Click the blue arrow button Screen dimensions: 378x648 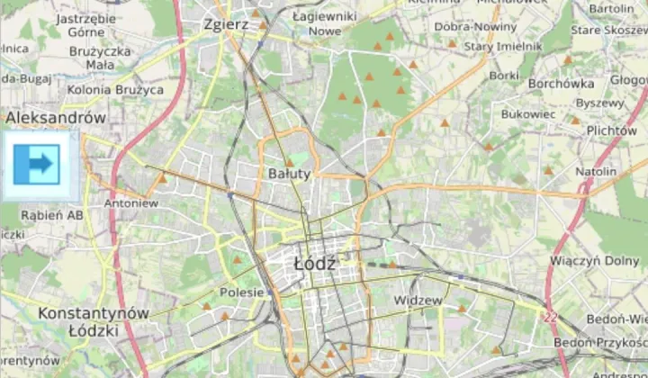tap(37, 165)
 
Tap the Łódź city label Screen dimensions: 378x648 tap(314, 264)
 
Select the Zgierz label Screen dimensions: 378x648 tap(226, 24)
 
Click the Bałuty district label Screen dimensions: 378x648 tap(289, 173)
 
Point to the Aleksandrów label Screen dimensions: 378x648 tap(56, 118)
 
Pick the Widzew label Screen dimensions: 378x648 tap(418, 300)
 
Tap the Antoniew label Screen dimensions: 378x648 tap(131, 203)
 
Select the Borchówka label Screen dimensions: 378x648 tap(562, 84)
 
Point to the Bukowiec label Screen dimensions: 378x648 tap(527, 115)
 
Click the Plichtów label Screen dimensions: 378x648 tap(611, 130)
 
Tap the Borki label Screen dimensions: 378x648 tap(505, 76)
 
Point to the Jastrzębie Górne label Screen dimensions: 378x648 tap(85, 24)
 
